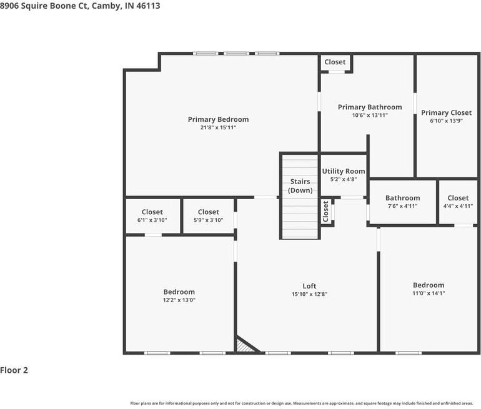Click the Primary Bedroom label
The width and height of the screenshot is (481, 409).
pyautogui.click(x=218, y=119)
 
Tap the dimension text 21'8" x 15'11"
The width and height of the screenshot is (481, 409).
pyautogui.click(x=218, y=127)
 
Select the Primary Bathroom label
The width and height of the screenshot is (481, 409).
pyautogui.click(x=370, y=107)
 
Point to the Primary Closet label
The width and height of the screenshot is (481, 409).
pyautogui.click(x=446, y=113)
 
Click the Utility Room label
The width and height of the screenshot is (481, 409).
pyautogui.click(x=343, y=171)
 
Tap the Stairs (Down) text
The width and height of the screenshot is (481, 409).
pyautogui.click(x=300, y=186)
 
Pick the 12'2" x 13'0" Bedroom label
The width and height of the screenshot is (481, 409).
pyautogui.click(x=179, y=292)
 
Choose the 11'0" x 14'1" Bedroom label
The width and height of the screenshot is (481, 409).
pyautogui.click(x=428, y=285)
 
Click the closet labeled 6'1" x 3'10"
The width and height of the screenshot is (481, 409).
pyautogui.click(x=152, y=212)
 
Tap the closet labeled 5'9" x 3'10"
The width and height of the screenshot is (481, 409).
pyautogui.click(x=208, y=212)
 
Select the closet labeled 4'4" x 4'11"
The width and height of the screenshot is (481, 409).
pyautogui.click(x=458, y=199)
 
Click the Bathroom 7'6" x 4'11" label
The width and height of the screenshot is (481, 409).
pyautogui.click(x=402, y=199)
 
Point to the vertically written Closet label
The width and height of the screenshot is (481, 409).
pyautogui.click(x=325, y=211)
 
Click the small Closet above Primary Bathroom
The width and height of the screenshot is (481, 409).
pyautogui.click(x=335, y=62)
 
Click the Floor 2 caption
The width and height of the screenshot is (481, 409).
pyautogui.click(x=14, y=370)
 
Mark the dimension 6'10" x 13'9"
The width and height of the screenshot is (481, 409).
pyautogui.click(x=446, y=121)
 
